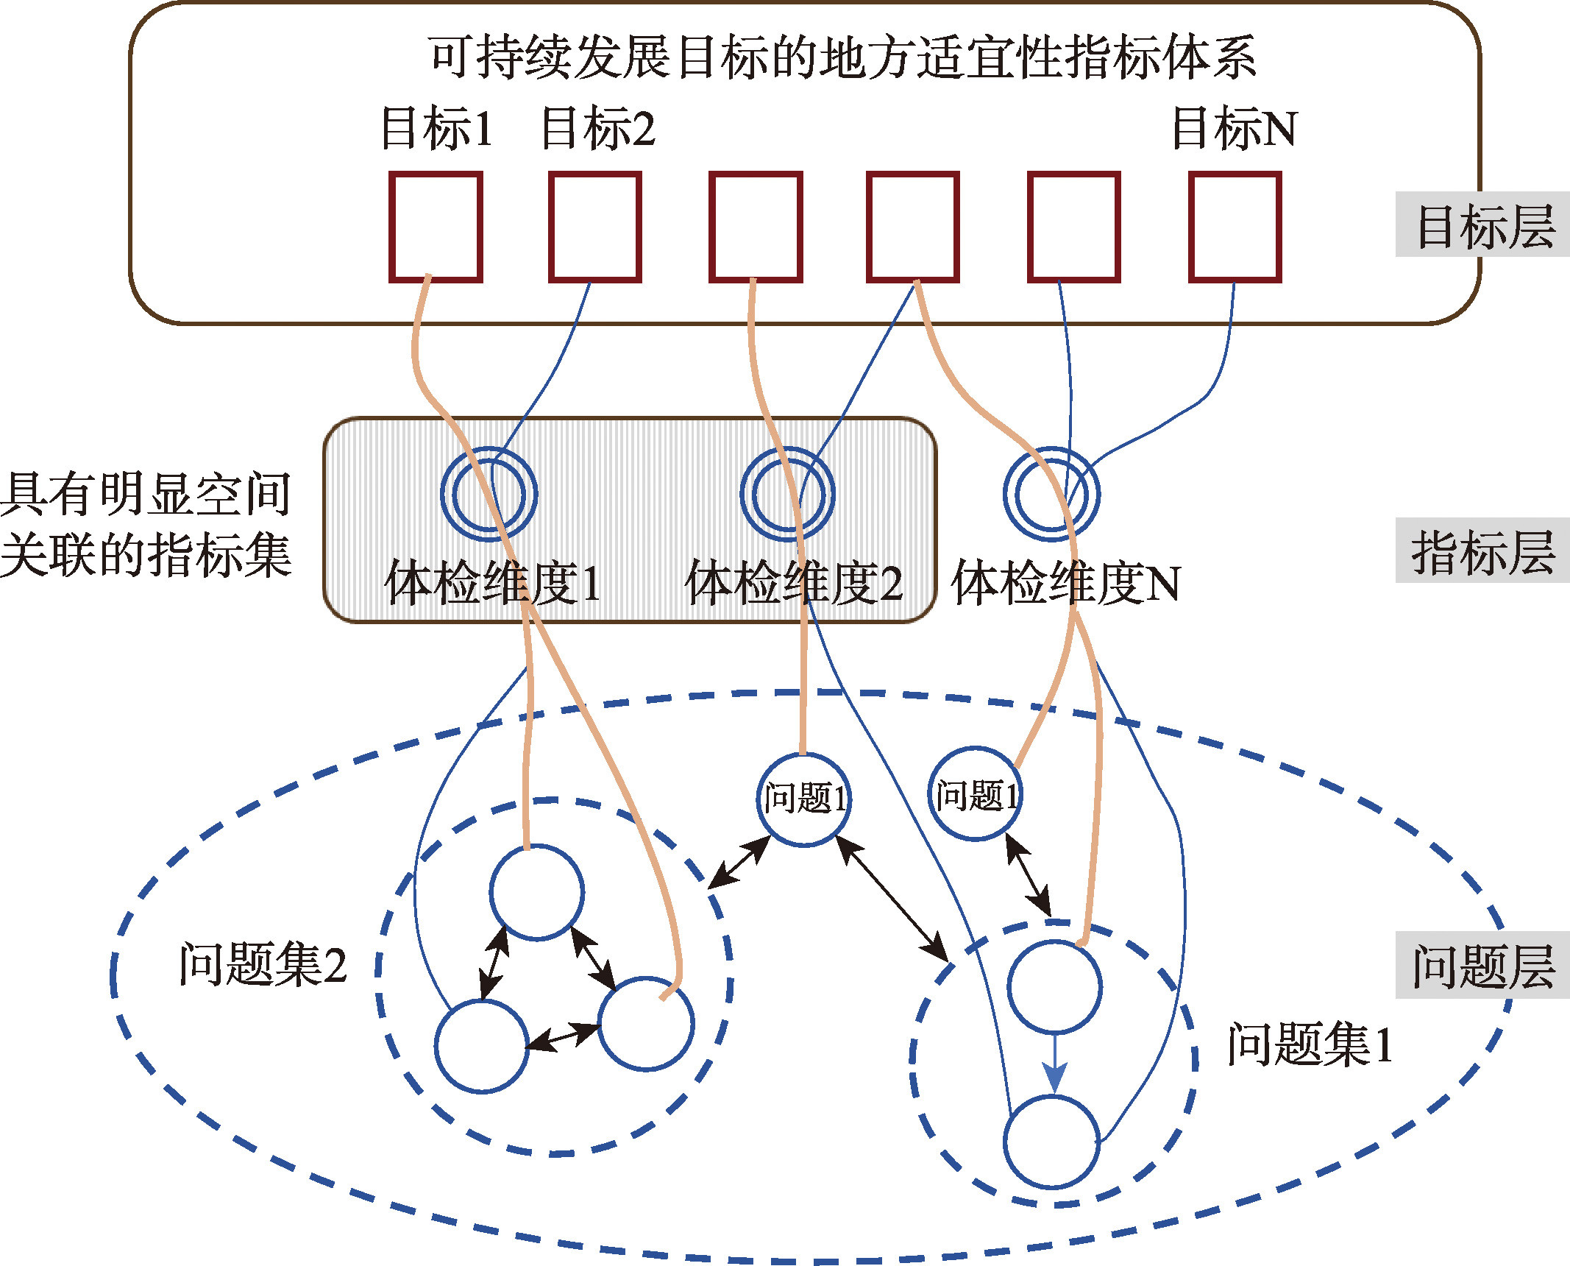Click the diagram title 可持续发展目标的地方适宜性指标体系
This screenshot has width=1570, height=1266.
[x=842, y=57]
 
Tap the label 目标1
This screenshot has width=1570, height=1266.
[x=437, y=128]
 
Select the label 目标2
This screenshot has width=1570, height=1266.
[x=597, y=128]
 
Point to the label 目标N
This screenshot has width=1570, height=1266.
[x=1235, y=128]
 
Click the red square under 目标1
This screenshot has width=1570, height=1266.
[x=436, y=174]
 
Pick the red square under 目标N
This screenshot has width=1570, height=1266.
[x=1235, y=174]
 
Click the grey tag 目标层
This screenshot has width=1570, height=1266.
[x=1482, y=224]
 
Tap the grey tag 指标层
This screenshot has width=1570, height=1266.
[x=1482, y=551]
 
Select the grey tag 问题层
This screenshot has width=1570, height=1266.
[x=1482, y=965]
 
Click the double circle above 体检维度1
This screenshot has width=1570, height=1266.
[x=441, y=493]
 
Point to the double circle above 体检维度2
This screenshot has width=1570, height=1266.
[x=742, y=493]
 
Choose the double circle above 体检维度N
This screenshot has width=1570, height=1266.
[x=1004, y=493]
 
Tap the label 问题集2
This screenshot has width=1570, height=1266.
[x=263, y=964]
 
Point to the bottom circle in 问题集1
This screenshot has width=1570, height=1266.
[x=1005, y=1142]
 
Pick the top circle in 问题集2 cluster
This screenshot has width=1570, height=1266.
[x=491, y=892]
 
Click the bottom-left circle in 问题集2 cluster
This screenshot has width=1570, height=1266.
[x=436, y=1047]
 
